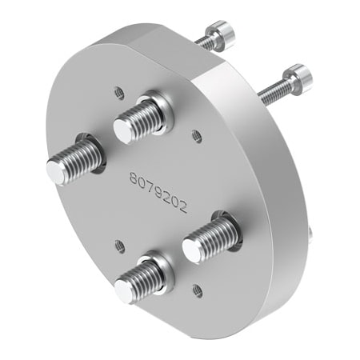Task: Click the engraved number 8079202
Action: click(x=158, y=191)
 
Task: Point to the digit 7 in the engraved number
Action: click(x=150, y=186)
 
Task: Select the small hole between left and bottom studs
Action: click(x=118, y=245)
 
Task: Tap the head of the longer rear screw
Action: click(x=298, y=77)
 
